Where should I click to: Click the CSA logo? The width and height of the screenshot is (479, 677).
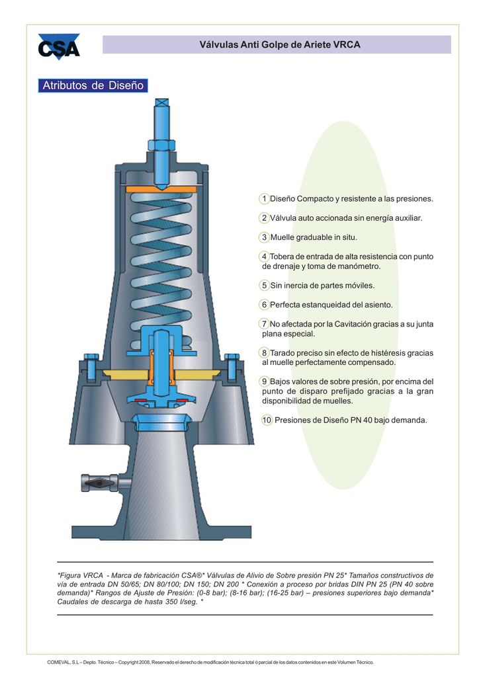tap(58, 47)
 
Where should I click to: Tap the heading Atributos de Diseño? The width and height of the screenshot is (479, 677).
tap(93, 85)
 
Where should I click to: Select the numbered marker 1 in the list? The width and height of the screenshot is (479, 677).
tap(264, 198)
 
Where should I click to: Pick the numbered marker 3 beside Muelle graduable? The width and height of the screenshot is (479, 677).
tap(264, 237)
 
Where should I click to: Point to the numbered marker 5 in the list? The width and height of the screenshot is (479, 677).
tap(264, 286)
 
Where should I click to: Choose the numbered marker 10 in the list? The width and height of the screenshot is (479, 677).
tap(267, 420)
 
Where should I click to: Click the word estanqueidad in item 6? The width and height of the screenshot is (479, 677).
tap(327, 305)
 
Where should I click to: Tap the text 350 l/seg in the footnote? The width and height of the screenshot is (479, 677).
tap(174, 602)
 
